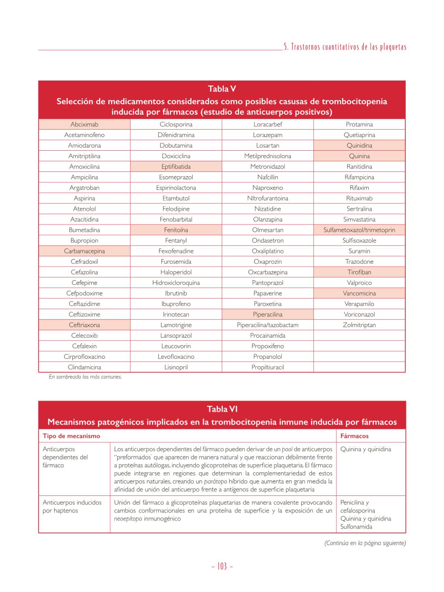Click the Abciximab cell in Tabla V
pos(84,124)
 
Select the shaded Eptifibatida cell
pos(176,167)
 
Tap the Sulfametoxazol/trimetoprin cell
pos(359,230)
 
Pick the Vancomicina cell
pos(359,293)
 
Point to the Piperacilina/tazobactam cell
pos(268,325)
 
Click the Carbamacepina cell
pos(84,251)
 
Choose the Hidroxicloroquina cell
pos(176,283)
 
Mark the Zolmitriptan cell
pos(359,325)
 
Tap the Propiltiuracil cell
pos(268,367)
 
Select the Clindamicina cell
pos(84,367)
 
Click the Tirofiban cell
pos(359,272)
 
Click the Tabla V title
pos(222,89)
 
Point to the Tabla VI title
pos(222,409)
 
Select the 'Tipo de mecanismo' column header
pos(71,436)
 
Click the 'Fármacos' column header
pos(354,436)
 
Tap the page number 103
pos(222,566)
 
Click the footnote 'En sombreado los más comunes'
pos(85,377)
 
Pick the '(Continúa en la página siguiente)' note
pos(365,543)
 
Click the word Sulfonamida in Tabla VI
pos(356,527)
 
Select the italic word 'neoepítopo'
pos(128,519)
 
